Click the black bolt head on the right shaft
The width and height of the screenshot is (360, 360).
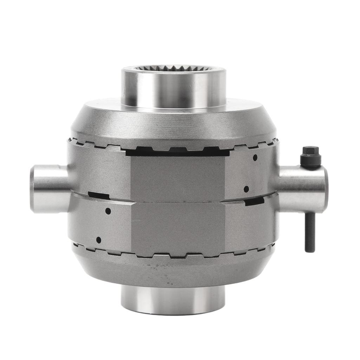click(310, 156)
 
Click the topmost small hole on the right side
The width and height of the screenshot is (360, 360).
click(255, 158)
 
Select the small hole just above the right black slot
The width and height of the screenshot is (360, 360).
click(246, 189)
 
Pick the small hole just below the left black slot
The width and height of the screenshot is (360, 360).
click(108, 211)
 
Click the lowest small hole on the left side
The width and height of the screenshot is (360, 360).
click(98, 240)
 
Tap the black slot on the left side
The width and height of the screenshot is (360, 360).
click(98, 195)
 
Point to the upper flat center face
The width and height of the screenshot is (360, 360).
click(178, 178)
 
